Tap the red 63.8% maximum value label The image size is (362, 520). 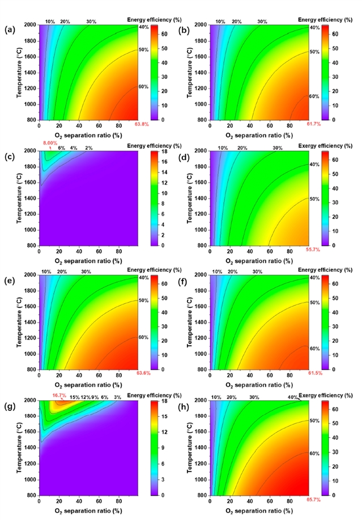[141, 124]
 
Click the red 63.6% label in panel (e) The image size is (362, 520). [141, 373]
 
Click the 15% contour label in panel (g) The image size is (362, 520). [75, 397]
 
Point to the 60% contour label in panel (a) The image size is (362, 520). [143, 87]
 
